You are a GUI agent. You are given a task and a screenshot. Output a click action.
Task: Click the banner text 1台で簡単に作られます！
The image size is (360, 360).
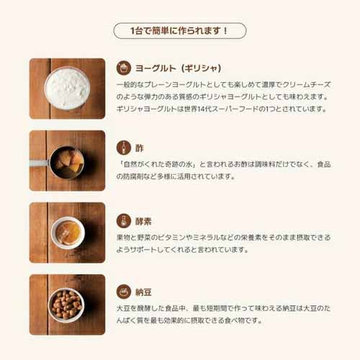[179, 31]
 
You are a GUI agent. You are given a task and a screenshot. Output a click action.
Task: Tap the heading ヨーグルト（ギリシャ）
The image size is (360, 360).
[178, 68]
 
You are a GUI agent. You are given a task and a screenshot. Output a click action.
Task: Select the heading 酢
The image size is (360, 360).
[140, 148]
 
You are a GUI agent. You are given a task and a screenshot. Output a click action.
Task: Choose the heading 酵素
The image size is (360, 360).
[143, 221]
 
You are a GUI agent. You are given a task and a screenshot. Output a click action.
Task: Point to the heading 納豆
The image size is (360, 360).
[143, 292]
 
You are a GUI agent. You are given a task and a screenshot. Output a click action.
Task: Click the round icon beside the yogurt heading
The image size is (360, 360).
[124, 68]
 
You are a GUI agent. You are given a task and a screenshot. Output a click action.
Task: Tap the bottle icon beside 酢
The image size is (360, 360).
[124, 148]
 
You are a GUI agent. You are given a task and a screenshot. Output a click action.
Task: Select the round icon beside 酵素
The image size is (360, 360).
[124, 221]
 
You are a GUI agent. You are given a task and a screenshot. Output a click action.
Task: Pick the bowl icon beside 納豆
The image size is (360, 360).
[124, 292]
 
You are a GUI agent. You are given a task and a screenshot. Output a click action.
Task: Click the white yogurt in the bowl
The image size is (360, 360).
[67, 88]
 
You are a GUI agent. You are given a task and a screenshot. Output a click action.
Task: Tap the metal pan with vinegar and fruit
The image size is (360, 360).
[67, 162]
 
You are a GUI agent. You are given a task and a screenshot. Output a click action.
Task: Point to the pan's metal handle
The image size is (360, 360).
[40, 163]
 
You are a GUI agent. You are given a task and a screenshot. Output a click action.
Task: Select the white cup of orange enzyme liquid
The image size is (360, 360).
[68, 233]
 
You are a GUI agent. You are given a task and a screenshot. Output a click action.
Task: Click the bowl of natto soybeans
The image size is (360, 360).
[66, 305]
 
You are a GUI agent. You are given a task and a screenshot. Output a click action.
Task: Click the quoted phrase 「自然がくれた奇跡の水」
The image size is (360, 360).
[158, 164]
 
